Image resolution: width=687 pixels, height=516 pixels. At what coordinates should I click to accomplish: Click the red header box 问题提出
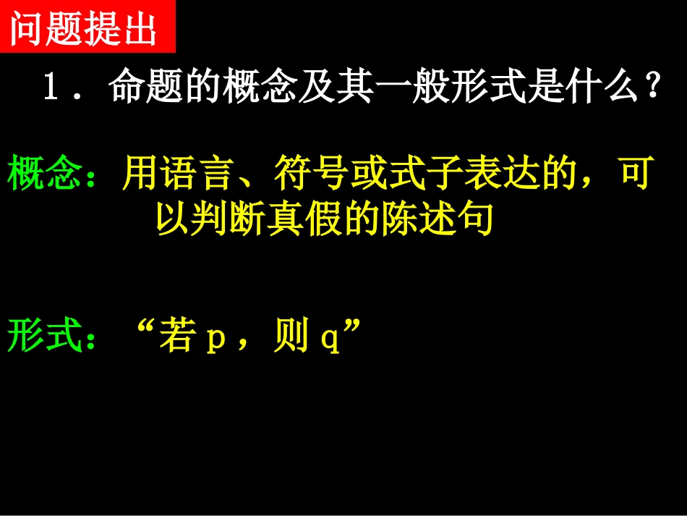pyautogui.click(x=87, y=27)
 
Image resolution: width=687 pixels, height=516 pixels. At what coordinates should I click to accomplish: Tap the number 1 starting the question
pyautogui.click(x=51, y=89)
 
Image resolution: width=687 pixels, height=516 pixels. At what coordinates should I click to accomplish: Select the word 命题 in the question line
pyautogui.click(x=148, y=89)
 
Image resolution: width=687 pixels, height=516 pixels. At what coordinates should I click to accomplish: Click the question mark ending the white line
pyautogui.click(x=653, y=89)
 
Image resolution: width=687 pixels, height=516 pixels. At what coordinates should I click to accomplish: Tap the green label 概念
pyautogui.click(x=44, y=176)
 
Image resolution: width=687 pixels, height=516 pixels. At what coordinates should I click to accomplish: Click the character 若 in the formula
pyautogui.click(x=176, y=338)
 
